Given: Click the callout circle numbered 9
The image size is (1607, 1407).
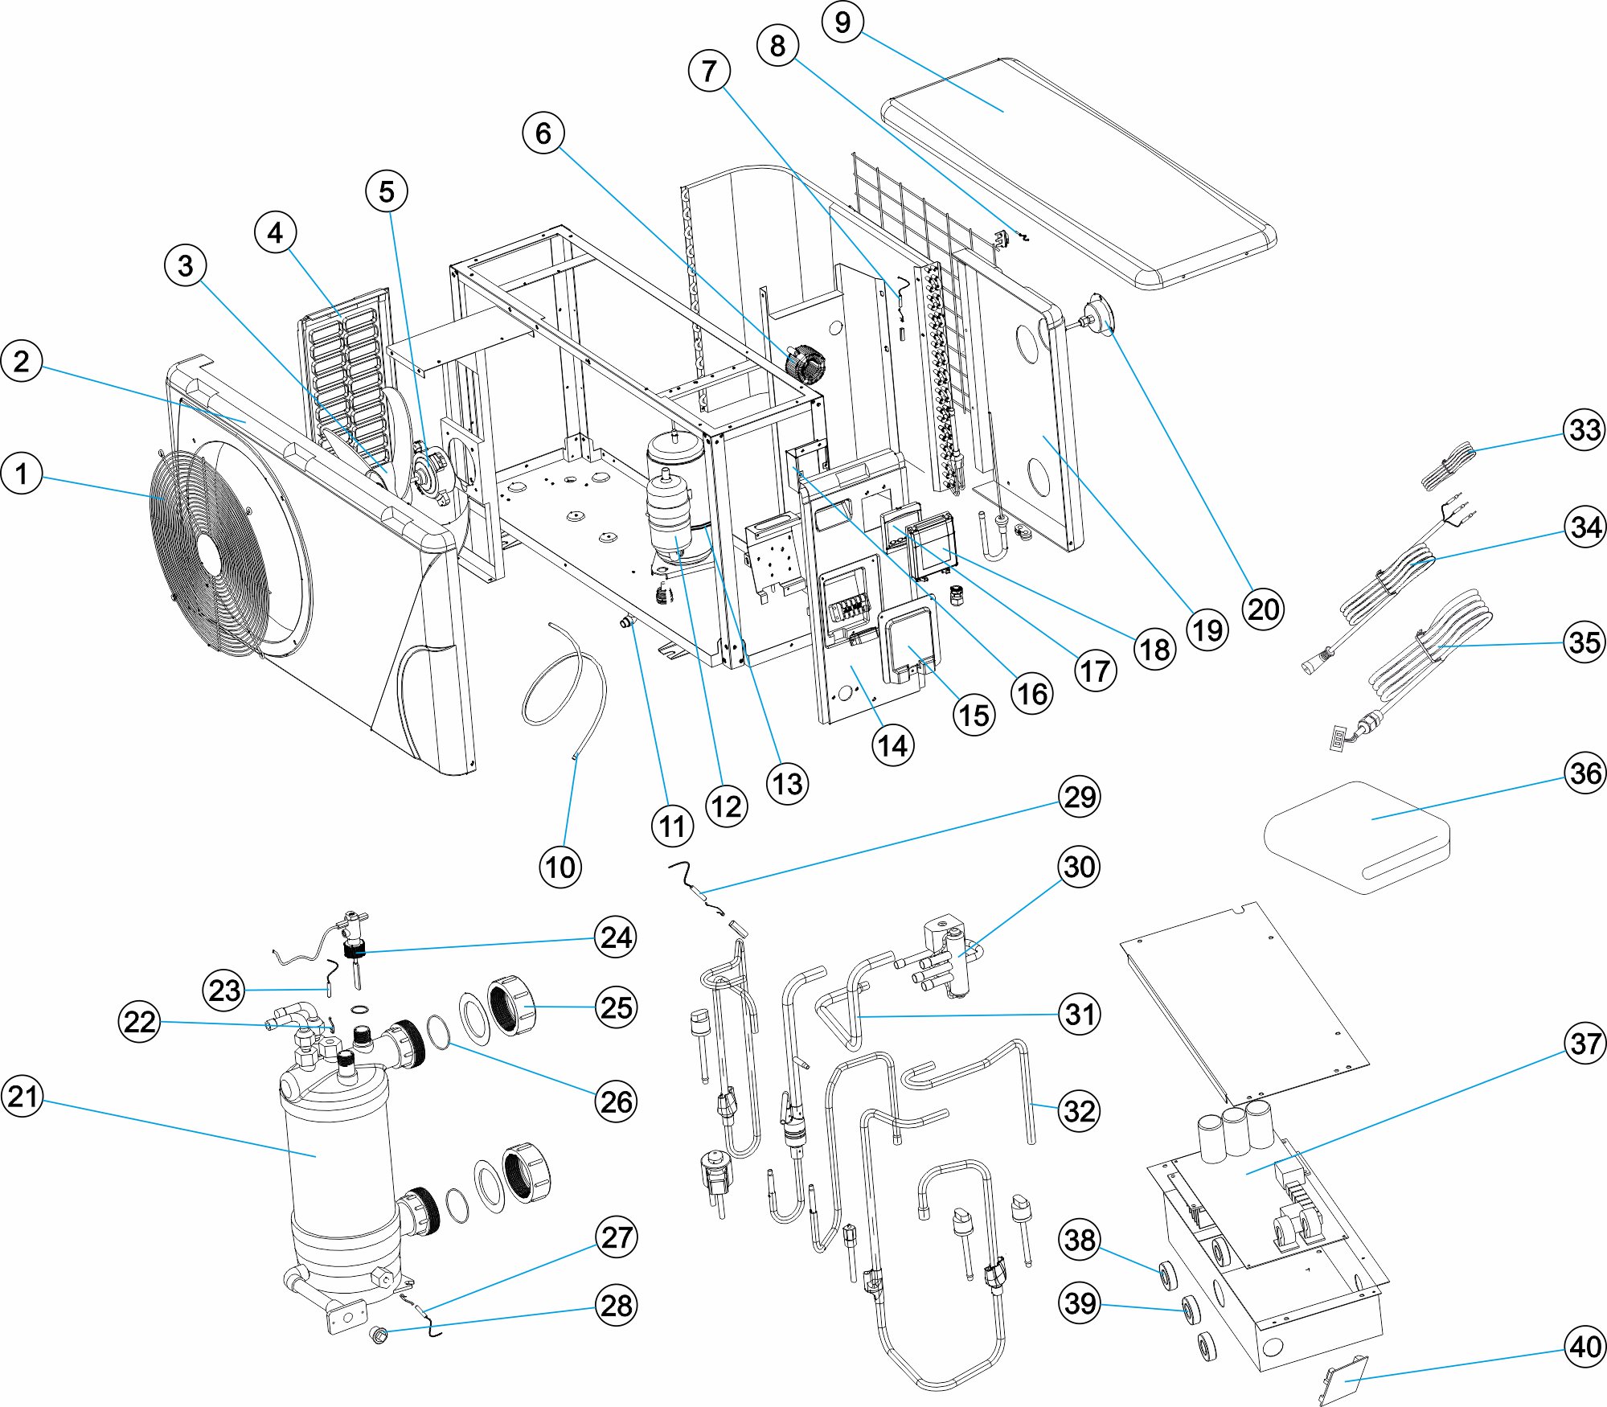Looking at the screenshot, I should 842,22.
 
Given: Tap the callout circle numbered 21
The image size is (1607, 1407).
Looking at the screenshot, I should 23,1097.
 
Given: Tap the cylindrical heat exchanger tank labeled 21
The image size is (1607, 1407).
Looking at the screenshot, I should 338,1150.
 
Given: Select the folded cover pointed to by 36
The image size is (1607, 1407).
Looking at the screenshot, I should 1359,836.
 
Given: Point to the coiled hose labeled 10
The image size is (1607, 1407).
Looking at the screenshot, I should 563,683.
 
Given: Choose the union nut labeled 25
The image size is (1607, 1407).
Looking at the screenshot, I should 513,1005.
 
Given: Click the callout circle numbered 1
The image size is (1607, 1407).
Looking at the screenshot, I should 22,474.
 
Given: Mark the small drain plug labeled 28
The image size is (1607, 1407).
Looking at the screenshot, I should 377,1336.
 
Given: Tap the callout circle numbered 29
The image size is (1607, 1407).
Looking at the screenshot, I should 1079,797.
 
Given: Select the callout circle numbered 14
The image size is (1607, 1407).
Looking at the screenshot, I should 892,745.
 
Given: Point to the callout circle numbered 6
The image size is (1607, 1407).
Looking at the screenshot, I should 543,133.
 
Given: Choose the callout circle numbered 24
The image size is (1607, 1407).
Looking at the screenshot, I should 616,937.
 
